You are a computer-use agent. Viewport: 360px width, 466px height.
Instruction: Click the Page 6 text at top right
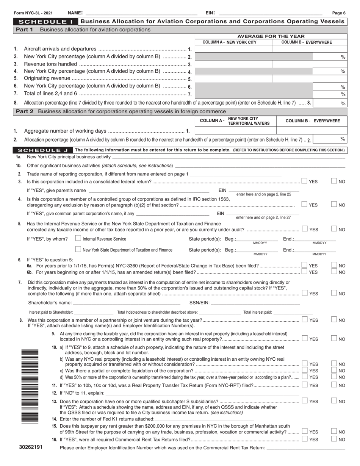[339, 13]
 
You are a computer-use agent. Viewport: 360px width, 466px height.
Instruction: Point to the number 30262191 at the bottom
[31, 447]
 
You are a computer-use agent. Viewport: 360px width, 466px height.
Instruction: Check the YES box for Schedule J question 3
[304, 181]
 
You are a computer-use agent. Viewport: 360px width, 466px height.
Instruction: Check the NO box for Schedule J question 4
[334, 205]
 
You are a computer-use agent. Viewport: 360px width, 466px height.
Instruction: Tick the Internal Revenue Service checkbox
[78, 239]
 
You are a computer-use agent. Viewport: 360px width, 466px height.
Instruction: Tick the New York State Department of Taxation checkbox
[78, 249]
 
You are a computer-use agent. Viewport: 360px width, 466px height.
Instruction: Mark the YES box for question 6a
[304, 265]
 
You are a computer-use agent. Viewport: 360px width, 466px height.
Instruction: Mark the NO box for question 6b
[334, 272]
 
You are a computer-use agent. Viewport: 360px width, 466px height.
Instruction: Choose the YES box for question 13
[304, 401]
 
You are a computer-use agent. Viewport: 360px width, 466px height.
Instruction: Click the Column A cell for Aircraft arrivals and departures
[233, 49]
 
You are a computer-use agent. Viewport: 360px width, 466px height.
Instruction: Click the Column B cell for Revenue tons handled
[310, 64]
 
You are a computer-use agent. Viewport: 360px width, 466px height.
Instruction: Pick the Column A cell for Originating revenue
[233, 79]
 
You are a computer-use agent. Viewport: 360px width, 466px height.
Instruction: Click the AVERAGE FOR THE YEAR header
[271, 36]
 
